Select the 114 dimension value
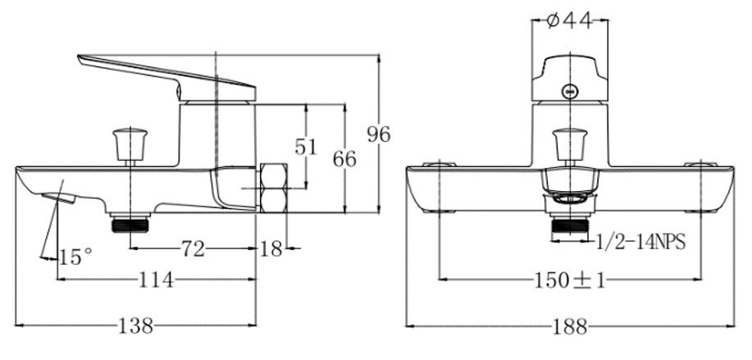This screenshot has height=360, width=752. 157,281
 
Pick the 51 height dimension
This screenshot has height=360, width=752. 306,147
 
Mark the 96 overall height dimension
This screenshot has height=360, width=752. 379,134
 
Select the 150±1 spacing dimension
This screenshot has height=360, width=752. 571,281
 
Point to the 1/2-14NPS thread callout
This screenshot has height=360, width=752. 639,244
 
